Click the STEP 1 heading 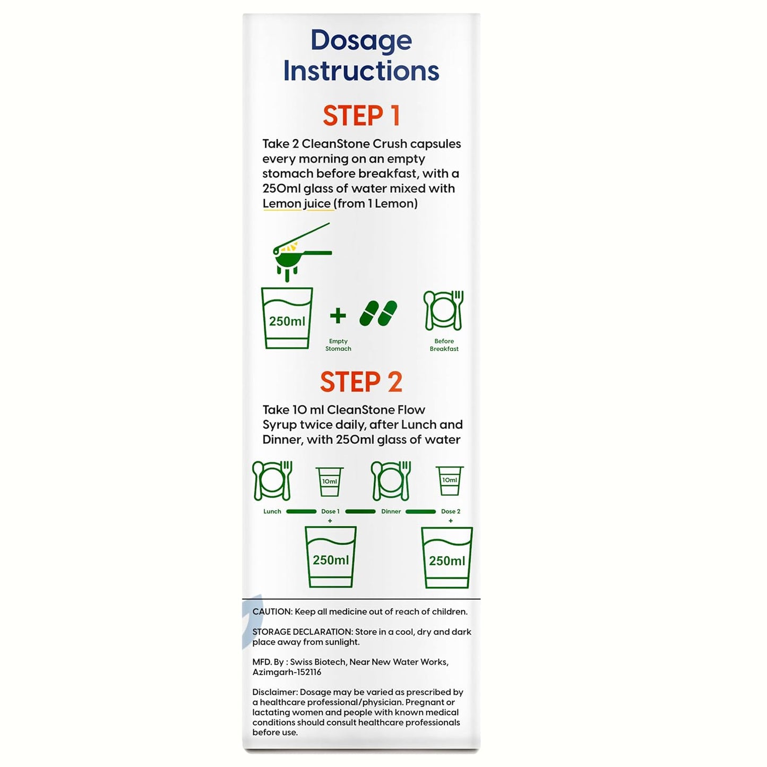coord(361,116)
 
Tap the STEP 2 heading coord(361,382)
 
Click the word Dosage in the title coord(361,41)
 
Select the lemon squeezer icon coord(302,252)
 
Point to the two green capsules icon coord(378,313)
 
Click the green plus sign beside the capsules coord(338,316)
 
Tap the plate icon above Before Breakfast coord(444,311)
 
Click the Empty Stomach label coord(338,344)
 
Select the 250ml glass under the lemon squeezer coord(287,318)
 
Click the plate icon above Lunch coord(272,481)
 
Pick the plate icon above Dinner coord(391,481)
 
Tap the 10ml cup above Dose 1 coord(330,482)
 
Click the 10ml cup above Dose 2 coord(450,481)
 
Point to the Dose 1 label coord(330,512)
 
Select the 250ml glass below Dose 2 coord(447,558)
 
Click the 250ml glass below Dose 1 coord(330,557)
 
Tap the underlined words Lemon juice coord(297,204)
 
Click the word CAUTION coord(272,612)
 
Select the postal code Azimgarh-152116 coord(287,673)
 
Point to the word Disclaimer coord(274,692)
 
